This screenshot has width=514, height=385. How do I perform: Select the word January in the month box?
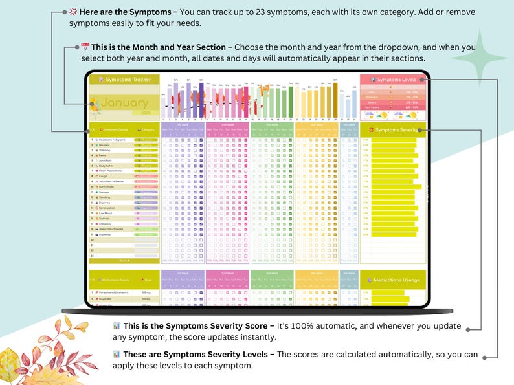124,104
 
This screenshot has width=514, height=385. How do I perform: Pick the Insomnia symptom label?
106,234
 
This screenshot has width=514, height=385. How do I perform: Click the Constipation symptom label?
109,206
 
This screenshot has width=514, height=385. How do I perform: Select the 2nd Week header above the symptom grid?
227,124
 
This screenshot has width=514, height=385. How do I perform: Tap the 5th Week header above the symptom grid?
349,124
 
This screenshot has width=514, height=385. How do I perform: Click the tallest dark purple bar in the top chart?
201,100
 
